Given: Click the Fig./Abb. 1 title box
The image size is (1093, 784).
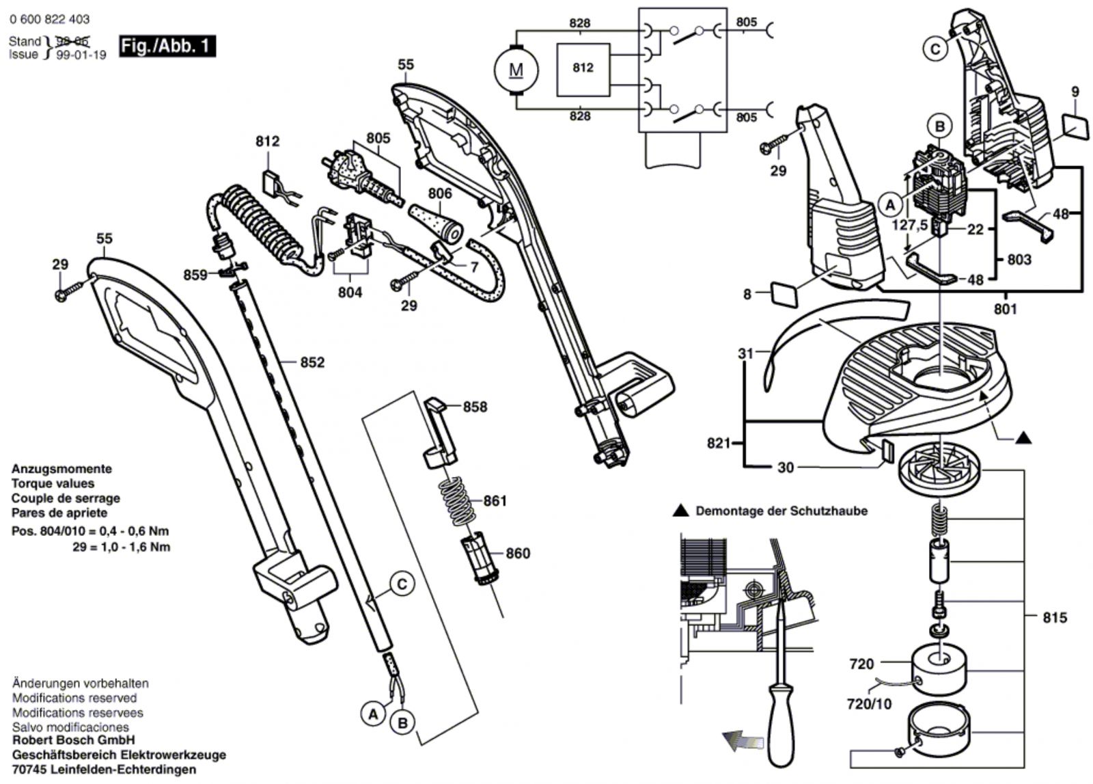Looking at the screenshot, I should click(x=166, y=46).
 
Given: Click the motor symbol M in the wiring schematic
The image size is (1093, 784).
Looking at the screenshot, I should click(x=516, y=70).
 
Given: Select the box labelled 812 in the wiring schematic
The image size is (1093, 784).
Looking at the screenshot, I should click(x=583, y=68).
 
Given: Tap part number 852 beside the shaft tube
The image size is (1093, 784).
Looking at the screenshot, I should click(x=312, y=362).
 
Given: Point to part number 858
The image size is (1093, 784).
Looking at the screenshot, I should click(x=475, y=407).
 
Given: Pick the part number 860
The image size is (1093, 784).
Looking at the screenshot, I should click(x=517, y=553).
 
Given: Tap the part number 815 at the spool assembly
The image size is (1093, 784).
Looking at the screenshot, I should click(x=1055, y=618).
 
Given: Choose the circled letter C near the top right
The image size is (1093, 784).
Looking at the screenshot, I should click(x=935, y=49).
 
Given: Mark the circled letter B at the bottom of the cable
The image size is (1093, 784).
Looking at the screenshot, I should click(x=402, y=722).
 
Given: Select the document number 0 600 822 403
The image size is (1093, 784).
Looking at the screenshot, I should click(x=49, y=20).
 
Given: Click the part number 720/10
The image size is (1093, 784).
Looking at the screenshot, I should click(x=870, y=704).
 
